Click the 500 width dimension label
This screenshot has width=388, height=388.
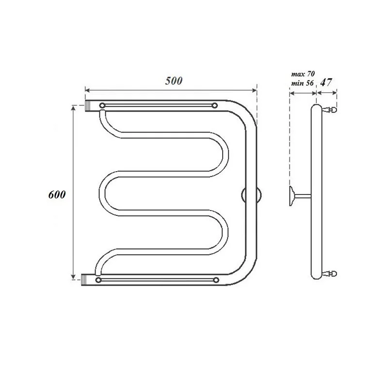pyautogui.click(x=173, y=81)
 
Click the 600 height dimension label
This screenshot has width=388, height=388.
pyautogui.click(x=56, y=194)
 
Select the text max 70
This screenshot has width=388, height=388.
pyautogui.click(x=303, y=74)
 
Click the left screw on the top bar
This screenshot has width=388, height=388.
pyautogui.click(x=102, y=106)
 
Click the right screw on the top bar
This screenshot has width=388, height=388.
pyautogui.click(x=215, y=106)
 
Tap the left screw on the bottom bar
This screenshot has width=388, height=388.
pyautogui.click(x=99, y=280)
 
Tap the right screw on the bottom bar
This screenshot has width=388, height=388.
pyautogui.click(x=215, y=280)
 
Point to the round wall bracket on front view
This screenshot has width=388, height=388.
pyautogui.click(x=250, y=195)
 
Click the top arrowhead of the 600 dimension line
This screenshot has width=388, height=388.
pyautogui.click(x=73, y=107)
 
